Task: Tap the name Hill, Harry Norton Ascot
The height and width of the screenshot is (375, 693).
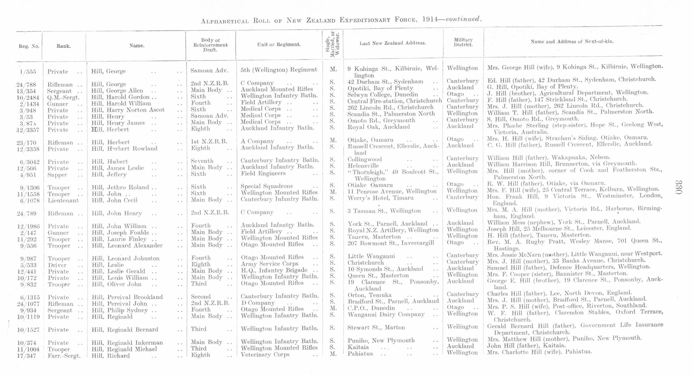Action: [x=128, y=110]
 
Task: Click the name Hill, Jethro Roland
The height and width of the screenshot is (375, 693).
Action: [x=120, y=187]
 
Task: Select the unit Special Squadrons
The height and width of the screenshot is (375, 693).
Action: [x=267, y=186]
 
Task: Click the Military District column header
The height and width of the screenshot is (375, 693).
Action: [x=463, y=42]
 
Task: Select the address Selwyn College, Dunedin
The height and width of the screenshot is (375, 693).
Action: [x=382, y=95]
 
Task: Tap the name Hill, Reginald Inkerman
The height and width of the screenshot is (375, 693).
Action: [x=127, y=343]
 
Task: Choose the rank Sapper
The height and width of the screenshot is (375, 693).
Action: [x=57, y=175]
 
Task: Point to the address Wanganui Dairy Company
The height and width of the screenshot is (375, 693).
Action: [x=386, y=315]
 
